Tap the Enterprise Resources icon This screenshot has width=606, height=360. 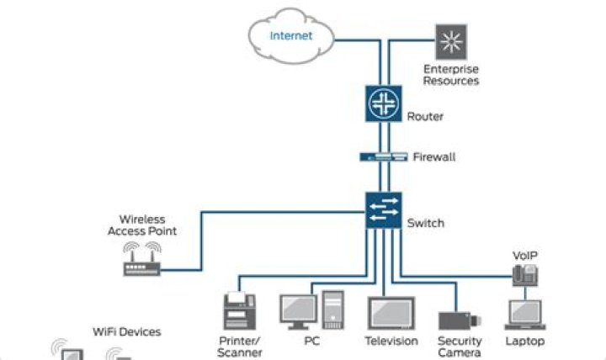450,40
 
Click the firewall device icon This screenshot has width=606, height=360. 384,157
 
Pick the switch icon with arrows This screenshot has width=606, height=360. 384,209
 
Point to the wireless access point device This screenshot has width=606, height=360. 141,262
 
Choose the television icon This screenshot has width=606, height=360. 391,313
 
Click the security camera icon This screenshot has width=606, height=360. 460,321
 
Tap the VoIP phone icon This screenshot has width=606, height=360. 524,274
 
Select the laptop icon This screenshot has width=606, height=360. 524,315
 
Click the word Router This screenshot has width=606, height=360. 425,117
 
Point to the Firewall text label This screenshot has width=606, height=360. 433,157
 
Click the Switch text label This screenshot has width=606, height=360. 425,224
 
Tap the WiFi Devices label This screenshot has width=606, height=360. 126,332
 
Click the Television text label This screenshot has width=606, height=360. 391,341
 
